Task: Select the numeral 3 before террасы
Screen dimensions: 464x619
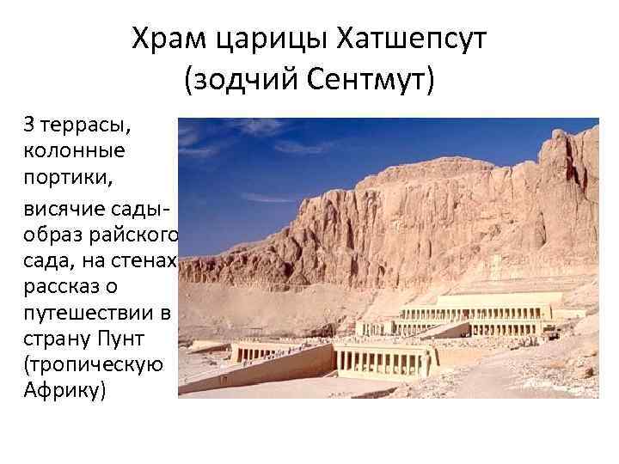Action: coord(29,127)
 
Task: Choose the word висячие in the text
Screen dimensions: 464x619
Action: coord(67,211)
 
